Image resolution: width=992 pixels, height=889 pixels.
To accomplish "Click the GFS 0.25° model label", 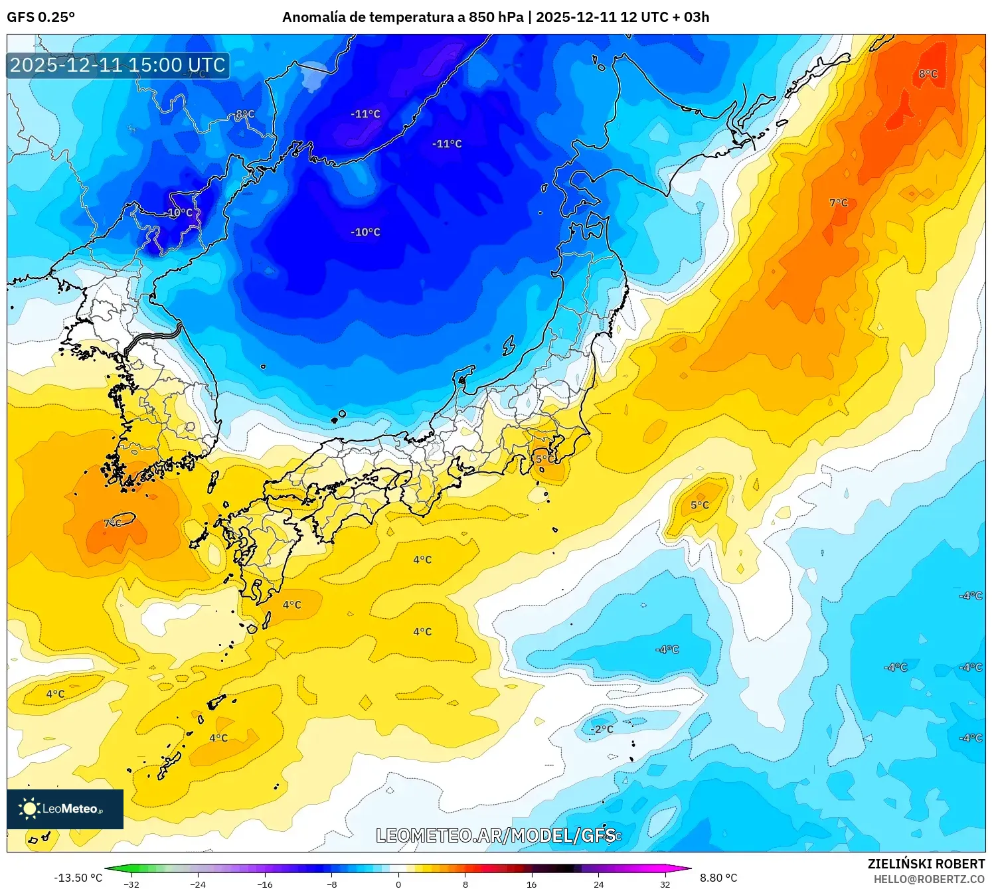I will click(x=41, y=17).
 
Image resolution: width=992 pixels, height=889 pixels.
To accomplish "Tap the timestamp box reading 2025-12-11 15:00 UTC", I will click(x=118, y=65).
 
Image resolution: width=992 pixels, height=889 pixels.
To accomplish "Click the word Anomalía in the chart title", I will click(x=314, y=17).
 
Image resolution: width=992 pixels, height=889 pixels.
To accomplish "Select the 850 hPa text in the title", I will click(x=496, y=17).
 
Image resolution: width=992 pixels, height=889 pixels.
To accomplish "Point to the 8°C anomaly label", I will click(x=928, y=74).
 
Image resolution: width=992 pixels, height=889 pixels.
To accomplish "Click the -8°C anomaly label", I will click(x=244, y=114).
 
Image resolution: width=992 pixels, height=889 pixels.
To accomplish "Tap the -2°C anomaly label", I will click(x=602, y=729).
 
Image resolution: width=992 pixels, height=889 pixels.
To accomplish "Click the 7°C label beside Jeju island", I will click(x=113, y=523).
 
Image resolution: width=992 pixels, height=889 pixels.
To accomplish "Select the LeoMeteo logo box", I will click(x=65, y=809).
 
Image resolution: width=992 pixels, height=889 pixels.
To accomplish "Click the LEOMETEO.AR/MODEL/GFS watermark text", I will click(x=495, y=835).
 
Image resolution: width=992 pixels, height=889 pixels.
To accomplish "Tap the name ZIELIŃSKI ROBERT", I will click(x=926, y=864).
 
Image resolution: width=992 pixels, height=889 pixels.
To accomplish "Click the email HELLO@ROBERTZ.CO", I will click(x=929, y=879).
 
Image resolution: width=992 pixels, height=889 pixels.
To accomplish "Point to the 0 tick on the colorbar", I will click(x=398, y=884).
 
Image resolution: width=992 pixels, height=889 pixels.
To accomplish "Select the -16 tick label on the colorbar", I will click(x=265, y=884).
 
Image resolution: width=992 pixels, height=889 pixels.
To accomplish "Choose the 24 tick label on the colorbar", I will click(x=598, y=884).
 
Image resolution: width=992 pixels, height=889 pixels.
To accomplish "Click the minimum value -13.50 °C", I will click(x=78, y=878).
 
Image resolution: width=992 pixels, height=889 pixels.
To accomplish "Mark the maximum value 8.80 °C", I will click(x=718, y=878).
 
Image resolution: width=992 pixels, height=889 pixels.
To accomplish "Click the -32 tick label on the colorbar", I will click(x=131, y=884).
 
